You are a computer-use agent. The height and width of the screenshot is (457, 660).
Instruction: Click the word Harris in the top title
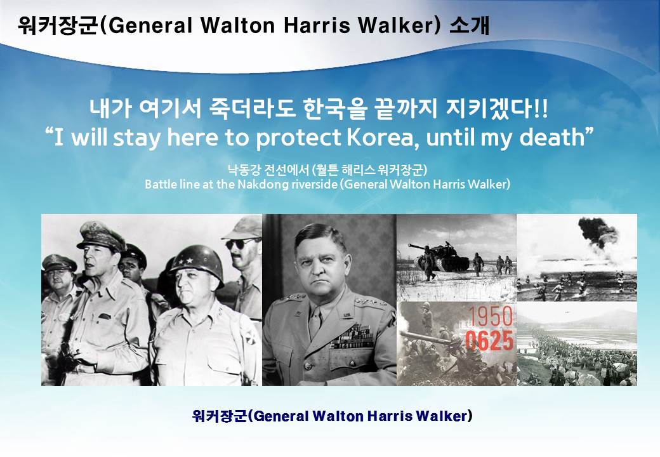317,25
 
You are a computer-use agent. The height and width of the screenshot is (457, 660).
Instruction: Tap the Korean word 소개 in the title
470,25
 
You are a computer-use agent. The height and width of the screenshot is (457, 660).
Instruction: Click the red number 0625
489,341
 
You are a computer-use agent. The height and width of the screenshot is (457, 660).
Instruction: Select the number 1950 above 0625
491,317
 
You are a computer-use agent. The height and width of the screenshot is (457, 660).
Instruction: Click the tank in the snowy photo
439,255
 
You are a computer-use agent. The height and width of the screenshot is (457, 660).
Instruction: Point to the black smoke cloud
598,230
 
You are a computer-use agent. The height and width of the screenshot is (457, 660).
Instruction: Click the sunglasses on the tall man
242,243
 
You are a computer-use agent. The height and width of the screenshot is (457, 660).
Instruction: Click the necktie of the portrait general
315,322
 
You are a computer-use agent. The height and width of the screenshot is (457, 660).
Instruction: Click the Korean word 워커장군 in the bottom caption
219,416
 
